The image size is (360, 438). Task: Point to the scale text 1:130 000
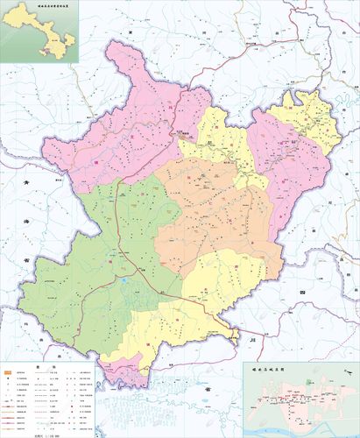(43, 431)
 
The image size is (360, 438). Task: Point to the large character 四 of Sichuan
(304, 288)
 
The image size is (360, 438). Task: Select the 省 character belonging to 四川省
(208, 388)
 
